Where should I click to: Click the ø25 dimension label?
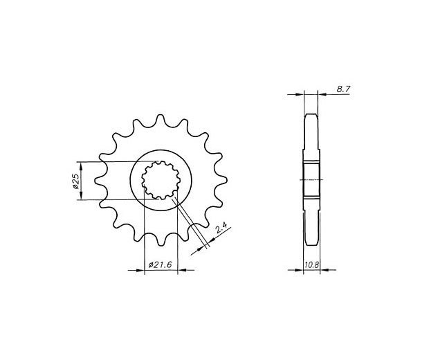point(76,181)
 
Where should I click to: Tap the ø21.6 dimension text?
point(160,264)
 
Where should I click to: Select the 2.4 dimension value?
point(221,228)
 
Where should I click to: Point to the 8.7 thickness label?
point(343,89)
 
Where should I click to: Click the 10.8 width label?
point(311,264)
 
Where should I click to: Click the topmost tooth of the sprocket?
point(161,120)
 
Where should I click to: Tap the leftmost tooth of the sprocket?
point(100,181)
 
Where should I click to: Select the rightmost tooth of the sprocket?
point(221,180)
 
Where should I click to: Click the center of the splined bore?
point(161,180)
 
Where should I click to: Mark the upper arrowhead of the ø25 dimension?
point(81,165)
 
